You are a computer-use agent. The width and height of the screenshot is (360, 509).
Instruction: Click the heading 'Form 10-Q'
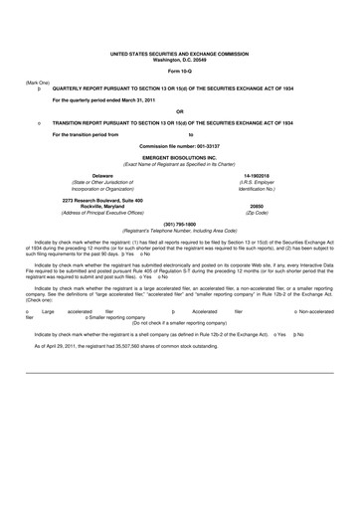pyautogui.click(x=179, y=71)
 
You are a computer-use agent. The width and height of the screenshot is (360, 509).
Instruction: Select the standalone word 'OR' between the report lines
pyautogui.click(x=179, y=111)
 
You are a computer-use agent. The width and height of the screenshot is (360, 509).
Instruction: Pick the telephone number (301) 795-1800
pyautogui.click(x=179, y=224)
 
